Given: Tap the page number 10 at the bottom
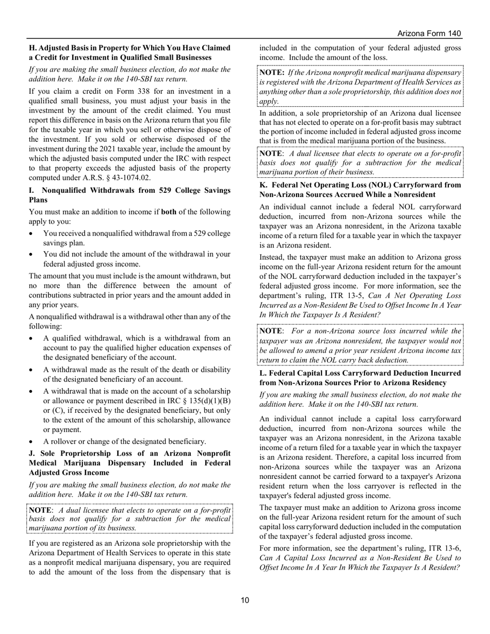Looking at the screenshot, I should tap(244, 599).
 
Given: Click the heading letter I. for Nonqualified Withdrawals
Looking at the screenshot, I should tap(31, 190).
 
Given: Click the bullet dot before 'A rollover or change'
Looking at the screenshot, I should tap(33, 441).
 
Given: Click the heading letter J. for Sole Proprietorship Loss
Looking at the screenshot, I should tap(31, 453).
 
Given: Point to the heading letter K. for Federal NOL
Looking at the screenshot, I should tap(263, 185).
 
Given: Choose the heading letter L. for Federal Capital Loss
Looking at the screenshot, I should tap(263, 373).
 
